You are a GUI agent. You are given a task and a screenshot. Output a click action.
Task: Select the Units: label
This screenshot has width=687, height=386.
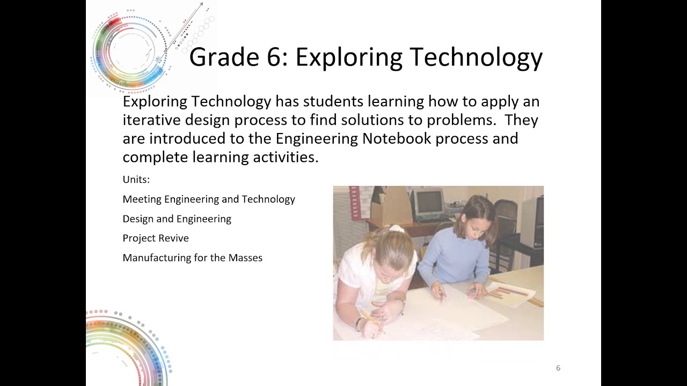(136, 179)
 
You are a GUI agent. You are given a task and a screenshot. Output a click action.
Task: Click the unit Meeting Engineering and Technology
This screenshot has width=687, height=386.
(209, 199)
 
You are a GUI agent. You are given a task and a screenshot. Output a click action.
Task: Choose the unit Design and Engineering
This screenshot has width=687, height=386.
(177, 219)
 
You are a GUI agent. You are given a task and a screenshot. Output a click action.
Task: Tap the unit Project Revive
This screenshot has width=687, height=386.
(156, 238)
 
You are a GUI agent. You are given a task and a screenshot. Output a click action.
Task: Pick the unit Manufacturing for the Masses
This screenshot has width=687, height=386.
(192, 258)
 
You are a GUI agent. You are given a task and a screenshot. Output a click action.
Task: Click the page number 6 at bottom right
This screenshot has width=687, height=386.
(558, 368)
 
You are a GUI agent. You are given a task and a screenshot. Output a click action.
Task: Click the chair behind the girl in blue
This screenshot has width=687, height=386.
(506, 220)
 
